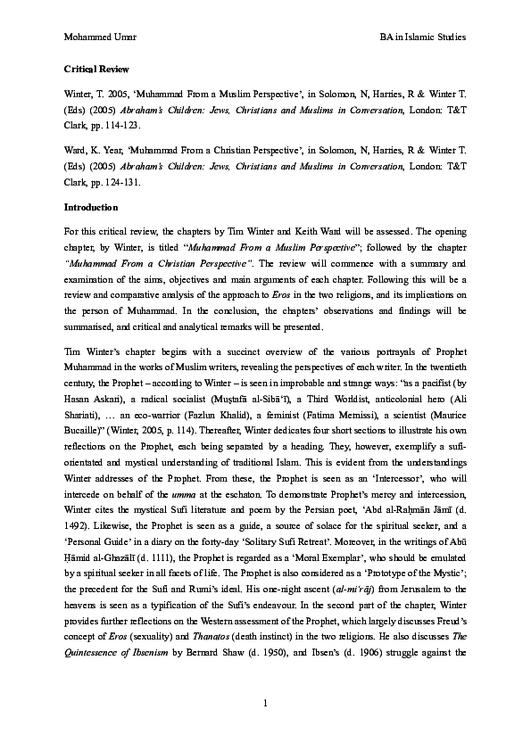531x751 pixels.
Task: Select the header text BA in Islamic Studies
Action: click(x=422, y=37)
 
